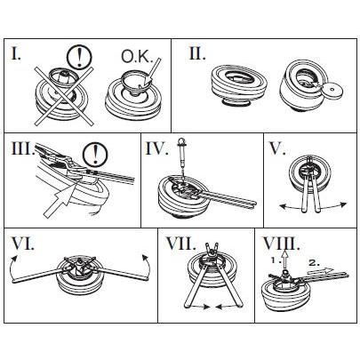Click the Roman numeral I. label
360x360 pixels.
pyautogui.click(x=16, y=53)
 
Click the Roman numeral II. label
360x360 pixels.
pyautogui.click(x=197, y=53)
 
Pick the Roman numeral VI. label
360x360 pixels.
pyautogui.click(x=23, y=244)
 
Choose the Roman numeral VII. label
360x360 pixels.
pyautogui.click(x=180, y=244)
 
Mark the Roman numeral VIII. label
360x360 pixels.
pyautogui.click(x=280, y=244)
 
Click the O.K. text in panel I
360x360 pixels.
pyautogui.click(x=137, y=57)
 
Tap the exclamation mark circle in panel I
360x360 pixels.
pyautogui.click(x=79, y=57)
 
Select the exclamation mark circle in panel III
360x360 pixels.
pyautogui.click(x=95, y=154)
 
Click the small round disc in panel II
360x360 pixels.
pyautogui.click(x=332, y=89)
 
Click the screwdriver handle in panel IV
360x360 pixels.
pyautogui.click(x=180, y=143)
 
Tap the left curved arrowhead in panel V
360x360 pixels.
pyautogui.click(x=283, y=206)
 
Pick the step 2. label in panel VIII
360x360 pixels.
pyautogui.click(x=314, y=262)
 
